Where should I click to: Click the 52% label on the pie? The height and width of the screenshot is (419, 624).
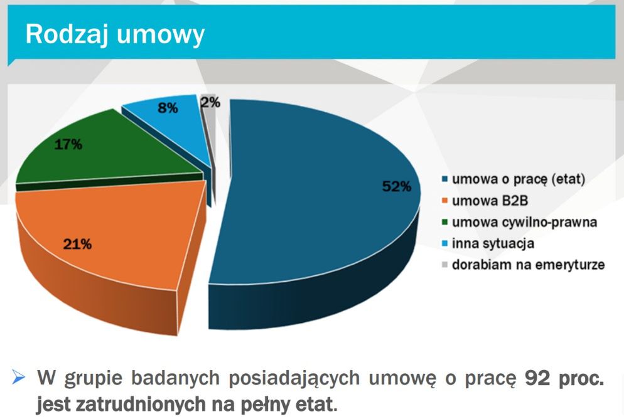tap(396, 186)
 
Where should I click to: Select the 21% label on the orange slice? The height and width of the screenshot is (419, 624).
tap(77, 245)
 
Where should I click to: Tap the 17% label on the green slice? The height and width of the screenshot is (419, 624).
tap(68, 144)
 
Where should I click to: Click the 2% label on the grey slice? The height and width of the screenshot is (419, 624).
tap(210, 102)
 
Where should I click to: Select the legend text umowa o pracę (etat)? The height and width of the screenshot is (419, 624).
tap(519, 180)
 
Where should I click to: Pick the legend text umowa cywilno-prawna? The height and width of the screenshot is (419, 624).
tap(524, 222)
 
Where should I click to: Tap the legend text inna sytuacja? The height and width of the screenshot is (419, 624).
tap(492, 243)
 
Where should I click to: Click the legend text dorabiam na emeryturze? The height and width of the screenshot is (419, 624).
tap(528, 265)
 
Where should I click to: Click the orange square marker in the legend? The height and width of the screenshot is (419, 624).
tap(445, 201)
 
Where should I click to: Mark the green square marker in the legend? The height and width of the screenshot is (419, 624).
tap(445, 223)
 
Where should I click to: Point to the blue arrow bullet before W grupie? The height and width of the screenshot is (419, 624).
tap(19, 378)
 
